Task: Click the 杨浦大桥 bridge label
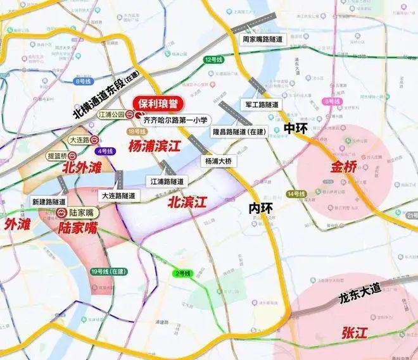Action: point(219,161)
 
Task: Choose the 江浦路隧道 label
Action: point(167,181)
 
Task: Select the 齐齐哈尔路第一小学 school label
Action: point(174,118)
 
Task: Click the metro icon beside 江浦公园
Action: point(129,115)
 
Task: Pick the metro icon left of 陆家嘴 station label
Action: point(62,213)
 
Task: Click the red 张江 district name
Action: point(352,330)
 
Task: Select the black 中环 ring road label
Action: point(296,128)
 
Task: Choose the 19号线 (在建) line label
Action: point(108,271)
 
